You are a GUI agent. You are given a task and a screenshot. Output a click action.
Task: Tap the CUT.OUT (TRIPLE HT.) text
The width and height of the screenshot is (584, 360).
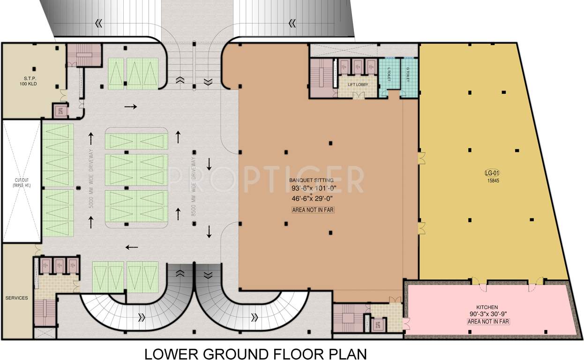(x=22, y=183)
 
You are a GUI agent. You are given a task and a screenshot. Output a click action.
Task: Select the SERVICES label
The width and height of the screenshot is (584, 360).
(x=16, y=298)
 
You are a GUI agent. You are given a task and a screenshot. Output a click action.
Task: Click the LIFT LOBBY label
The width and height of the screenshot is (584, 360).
(x=358, y=85)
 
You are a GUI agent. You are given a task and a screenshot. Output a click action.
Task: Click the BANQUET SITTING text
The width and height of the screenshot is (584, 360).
(x=311, y=180)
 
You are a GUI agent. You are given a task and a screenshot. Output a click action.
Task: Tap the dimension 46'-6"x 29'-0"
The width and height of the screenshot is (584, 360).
(x=312, y=199)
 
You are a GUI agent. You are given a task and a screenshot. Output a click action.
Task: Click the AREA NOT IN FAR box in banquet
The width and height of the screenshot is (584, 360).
(x=313, y=210)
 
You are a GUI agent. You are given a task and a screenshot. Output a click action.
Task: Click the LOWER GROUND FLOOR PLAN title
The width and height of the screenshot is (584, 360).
(x=255, y=352)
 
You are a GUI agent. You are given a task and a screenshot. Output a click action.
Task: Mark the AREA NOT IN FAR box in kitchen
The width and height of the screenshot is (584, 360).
(x=488, y=322)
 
